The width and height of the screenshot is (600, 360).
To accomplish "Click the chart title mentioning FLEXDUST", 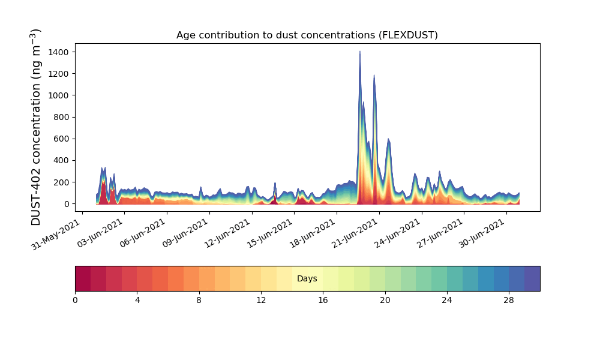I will pyautogui.click(x=307, y=35).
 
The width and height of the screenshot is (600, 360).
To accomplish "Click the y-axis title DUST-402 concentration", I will pyautogui.click(x=37, y=127).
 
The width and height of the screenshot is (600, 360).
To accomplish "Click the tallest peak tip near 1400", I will pyautogui.click(x=360, y=52).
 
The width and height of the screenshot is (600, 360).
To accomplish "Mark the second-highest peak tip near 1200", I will pyautogui.click(x=374, y=76).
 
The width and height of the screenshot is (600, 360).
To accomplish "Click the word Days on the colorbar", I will pyautogui.click(x=307, y=279).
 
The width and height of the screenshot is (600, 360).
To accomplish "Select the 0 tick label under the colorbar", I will pyautogui.click(x=75, y=300).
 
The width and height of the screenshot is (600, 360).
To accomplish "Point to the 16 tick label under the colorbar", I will pyautogui.click(x=323, y=300).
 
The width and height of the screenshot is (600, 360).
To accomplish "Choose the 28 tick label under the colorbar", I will pyautogui.click(x=509, y=300).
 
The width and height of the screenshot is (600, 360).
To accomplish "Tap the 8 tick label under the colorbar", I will pyautogui.click(x=199, y=300).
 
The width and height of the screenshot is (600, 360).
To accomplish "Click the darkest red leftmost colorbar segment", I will pyautogui.click(x=83, y=279).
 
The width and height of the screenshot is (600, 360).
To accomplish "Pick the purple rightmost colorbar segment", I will pyautogui.click(x=532, y=279).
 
